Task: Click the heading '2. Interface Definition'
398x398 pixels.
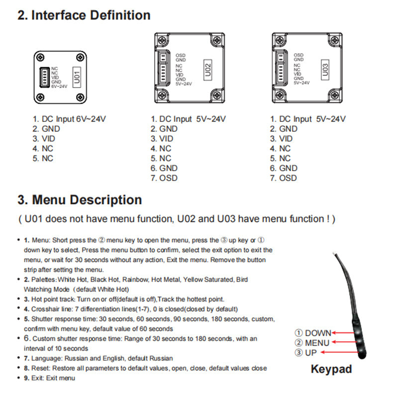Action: pos(84,15)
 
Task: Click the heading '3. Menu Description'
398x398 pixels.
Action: pos(80,200)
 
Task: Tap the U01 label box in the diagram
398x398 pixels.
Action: pos(77,77)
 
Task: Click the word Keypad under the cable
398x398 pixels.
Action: pos(331,369)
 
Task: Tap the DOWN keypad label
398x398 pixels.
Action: pos(313,333)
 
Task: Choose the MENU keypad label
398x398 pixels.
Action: pos(312,343)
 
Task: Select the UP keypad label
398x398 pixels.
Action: pos(306,353)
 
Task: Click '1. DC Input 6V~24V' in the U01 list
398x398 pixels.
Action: pos(70,119)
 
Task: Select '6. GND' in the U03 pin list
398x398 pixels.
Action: pos(284,168)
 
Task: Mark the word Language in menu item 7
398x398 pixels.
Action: pos(46,358)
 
